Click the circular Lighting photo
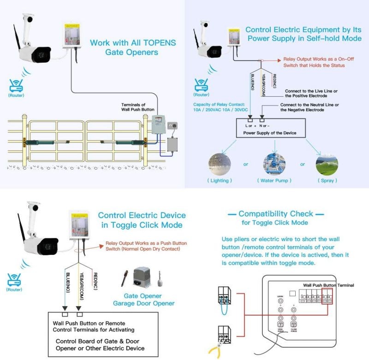(219, 164)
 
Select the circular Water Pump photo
(274, 164)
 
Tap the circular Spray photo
(327, 164)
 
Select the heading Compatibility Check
(276, 214)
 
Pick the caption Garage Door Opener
(144, 303)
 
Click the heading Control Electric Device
(142, 215)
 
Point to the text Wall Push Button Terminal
(328, 285)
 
